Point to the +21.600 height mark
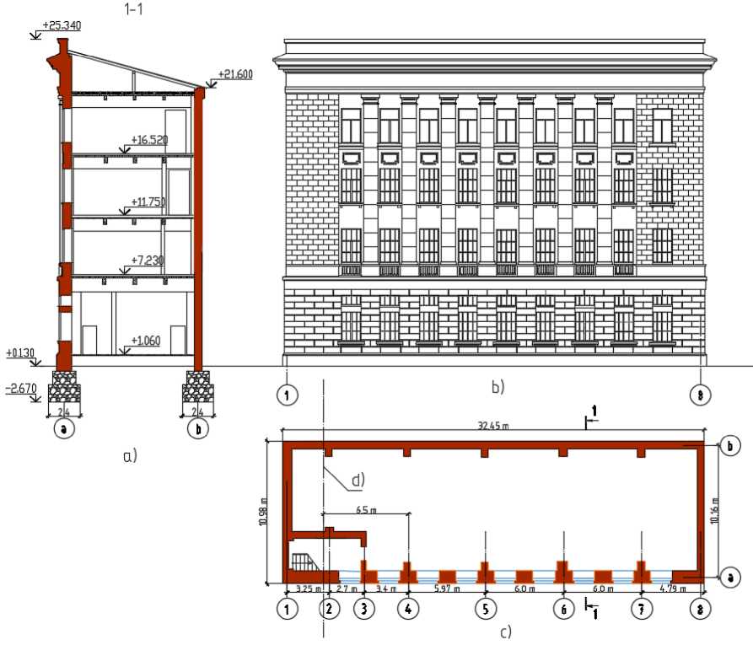(x=235, y=74)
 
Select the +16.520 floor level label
(x=148, y=141)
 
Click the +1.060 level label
(x=147, y=341)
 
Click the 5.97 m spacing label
(x=447, y=589)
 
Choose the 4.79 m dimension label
(x=670, y=589)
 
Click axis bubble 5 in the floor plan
(x=486, y=608)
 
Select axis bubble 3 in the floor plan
(x=363, y=608)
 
